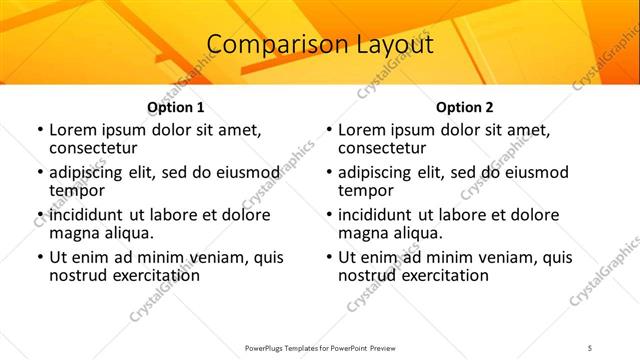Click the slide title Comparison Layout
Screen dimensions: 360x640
pos(320,45)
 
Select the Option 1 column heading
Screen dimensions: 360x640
pos(176,107)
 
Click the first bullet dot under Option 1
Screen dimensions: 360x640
pos(38,130)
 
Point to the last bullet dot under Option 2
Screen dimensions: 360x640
pos(327,258)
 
